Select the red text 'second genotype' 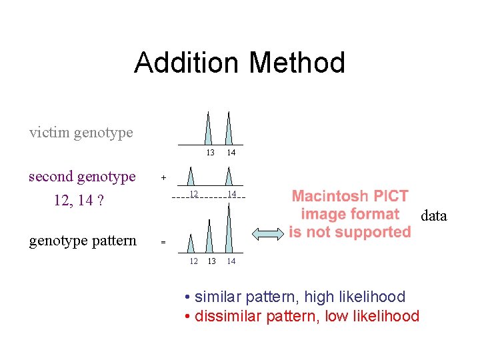[82, 177]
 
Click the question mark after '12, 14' [99, 200]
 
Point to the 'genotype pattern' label [83, 241]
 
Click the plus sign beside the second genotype [163, 179]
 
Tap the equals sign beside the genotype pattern [163, 243]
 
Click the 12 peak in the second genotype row [191, 177]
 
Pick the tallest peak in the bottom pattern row [229, 230]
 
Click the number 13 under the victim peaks [209, 153]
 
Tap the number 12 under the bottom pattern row [193, 261]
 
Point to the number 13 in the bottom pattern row [211, 261]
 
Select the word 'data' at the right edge [433, 215]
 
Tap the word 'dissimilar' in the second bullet [228, 315]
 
